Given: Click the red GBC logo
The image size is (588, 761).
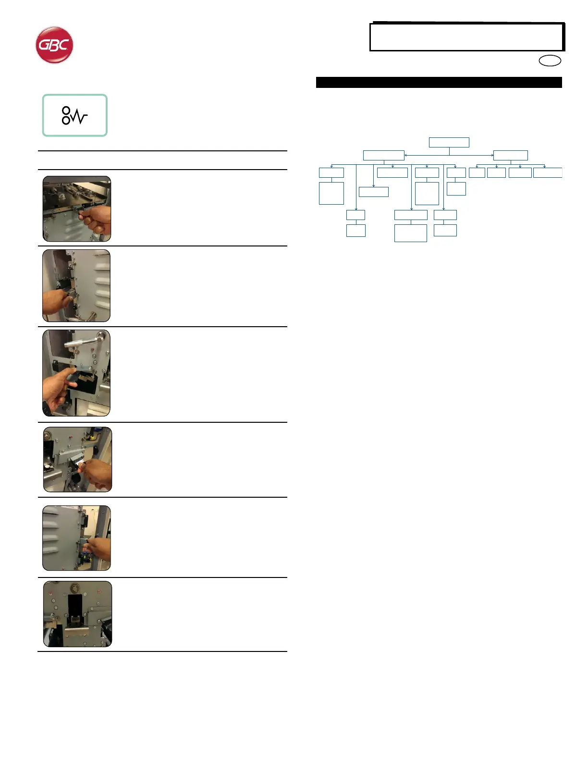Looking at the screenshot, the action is point(54,45).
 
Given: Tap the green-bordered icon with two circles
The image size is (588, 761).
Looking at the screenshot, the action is point(74,115).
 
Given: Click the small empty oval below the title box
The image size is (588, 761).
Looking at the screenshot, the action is point(550,61).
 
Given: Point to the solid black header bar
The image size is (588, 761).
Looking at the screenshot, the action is point(439,83).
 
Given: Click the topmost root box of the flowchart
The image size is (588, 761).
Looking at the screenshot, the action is point(449,142).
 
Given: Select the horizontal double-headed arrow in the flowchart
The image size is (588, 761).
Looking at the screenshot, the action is point(449,155).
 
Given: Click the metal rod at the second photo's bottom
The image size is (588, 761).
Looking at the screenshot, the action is point(91,316).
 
